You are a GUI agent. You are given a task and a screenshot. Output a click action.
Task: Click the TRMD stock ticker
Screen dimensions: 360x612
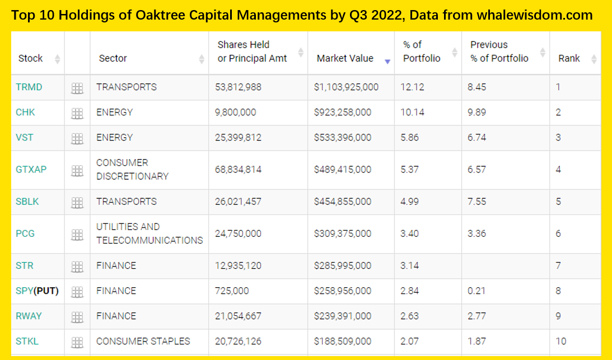point(29,87)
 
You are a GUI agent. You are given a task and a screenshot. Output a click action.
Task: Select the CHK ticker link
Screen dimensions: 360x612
point(25,113)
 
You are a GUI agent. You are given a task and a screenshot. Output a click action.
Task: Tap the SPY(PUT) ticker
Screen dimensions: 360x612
point(37,291)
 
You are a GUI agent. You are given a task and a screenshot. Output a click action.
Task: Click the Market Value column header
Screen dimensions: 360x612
point(345,58)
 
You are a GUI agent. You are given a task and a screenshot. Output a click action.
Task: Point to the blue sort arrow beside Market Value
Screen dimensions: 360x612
point(387,62)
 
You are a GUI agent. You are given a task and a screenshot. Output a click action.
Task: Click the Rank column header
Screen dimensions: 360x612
point(569,58)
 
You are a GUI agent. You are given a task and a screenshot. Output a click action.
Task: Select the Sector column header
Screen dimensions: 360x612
point(113,58)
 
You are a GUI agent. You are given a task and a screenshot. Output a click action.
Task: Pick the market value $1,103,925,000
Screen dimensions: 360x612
point(347,87)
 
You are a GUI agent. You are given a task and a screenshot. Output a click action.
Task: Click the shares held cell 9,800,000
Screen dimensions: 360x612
point(236,113)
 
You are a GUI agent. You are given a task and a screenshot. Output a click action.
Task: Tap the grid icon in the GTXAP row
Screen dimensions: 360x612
point(77,170)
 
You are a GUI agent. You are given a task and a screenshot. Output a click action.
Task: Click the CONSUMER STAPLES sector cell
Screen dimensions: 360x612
point(143,341)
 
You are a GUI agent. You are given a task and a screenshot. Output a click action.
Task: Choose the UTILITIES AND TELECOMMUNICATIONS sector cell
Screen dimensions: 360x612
point(150,233)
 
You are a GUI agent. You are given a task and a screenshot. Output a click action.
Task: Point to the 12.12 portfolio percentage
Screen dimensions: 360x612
point(413,87)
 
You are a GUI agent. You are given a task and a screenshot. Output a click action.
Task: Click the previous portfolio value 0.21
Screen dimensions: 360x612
point(476,291)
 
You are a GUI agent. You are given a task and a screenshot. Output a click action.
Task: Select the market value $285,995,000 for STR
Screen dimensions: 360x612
point(343,265)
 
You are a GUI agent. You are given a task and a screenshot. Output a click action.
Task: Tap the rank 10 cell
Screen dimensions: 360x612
point(561,341)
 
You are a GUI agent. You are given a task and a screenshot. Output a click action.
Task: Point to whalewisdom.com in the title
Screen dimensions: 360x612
point(534,15)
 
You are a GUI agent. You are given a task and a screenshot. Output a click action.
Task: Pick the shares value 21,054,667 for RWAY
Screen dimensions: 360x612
point(238,316)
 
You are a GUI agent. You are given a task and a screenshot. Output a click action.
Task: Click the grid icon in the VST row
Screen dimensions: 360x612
point(77,138)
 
